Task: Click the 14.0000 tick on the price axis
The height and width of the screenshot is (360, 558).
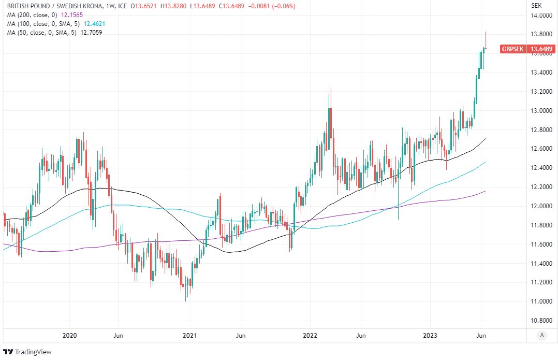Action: [540, 16]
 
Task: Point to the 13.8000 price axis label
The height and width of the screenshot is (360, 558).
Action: [540, 35]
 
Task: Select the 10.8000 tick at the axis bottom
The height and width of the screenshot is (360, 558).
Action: [540, 321]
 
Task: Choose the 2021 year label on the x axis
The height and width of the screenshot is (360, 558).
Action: [190, 336]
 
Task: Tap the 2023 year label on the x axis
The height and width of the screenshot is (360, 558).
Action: [432, 336]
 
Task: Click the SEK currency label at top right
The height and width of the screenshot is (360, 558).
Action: [536, 6]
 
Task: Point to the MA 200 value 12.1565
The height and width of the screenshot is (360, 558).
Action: [72, 15]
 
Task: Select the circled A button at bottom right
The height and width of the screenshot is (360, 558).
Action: [541, 335]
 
